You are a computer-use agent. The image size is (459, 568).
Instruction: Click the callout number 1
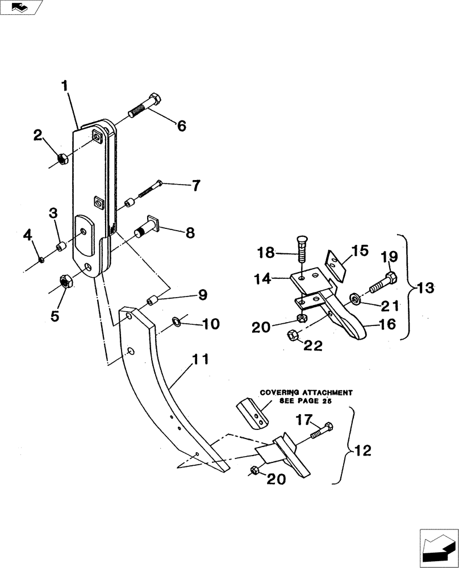pos(65,86)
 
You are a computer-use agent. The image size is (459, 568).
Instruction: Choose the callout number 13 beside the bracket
pos(424,287)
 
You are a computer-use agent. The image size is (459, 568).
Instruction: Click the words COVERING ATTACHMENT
pos(307,392)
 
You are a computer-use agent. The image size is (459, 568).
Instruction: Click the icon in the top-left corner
pos(21,7)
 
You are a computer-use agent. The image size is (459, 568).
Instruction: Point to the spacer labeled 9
pos(152,300)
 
